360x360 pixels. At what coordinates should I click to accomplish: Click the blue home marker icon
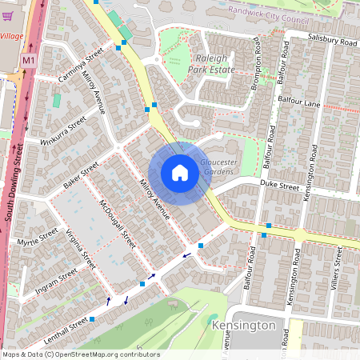(180, 173)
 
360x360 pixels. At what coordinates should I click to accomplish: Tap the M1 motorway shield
(29, 61)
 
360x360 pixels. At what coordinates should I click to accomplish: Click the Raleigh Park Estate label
(212, 64)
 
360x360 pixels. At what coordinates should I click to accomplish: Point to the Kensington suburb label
(244, 326)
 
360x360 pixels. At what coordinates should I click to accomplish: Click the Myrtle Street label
(38, 238)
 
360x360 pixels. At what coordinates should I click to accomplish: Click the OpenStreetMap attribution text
(80, 354)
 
